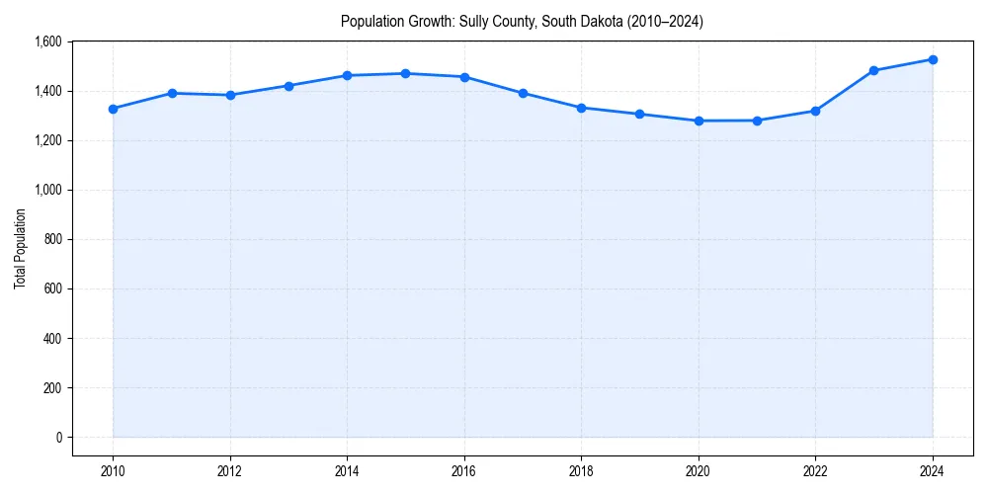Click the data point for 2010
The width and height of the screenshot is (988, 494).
tap(114, 109)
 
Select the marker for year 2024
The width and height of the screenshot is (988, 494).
tap(933, 59)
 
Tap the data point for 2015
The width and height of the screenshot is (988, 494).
tap(406, 73)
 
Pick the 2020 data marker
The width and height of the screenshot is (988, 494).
tap(699, 121)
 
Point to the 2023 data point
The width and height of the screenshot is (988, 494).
tap(874, 70)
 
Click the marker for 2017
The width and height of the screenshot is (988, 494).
tap(523, 93)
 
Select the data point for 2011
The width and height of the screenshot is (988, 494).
tap(172, 93)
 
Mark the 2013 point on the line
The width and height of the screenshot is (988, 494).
tap(288, 86)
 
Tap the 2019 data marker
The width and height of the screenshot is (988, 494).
tap(640, 114)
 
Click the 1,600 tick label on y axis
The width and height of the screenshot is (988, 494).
tap(47, 41)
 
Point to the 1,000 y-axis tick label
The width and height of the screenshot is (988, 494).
tap(47, 190)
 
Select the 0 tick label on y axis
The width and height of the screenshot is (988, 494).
tap(58, 437)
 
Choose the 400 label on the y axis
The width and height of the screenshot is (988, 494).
tap(52, 338)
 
